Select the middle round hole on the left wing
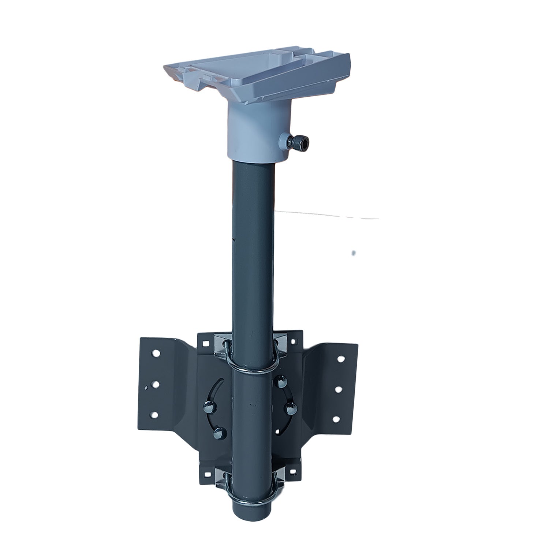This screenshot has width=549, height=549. [156, 385]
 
